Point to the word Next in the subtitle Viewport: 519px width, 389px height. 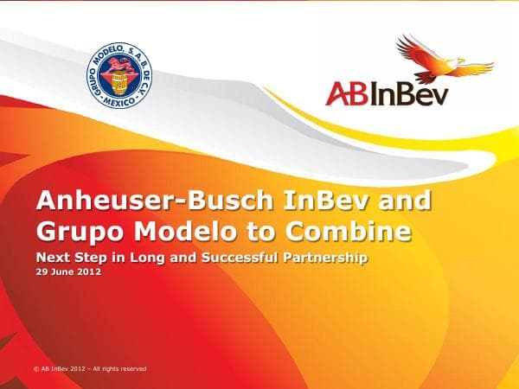coord(52,256)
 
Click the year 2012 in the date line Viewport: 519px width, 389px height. coord(89,271)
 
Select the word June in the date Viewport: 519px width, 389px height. coord(61,271)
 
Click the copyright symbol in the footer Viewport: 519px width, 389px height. coord(36,368)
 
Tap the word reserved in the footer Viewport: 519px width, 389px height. coord(131,368)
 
